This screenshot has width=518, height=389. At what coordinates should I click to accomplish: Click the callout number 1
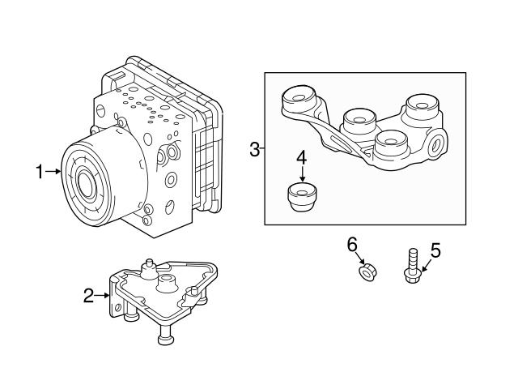click(39, 171)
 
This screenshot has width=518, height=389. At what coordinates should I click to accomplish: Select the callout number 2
click(89, 296)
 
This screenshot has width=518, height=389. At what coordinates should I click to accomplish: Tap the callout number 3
click(254, 149)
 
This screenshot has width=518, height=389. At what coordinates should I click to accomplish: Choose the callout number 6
click(351, 244)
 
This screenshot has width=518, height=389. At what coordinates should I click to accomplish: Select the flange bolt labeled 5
click(410, 271)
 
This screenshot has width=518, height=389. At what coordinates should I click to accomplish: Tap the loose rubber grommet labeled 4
click(302, 197)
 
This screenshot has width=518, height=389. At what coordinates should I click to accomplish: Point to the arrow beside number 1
click(53, 171)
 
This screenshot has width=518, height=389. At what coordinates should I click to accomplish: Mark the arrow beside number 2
click(104, 296)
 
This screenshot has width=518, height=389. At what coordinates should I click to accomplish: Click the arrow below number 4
click(301, 174)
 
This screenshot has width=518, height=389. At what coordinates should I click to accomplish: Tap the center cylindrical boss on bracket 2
click(167, 284)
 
